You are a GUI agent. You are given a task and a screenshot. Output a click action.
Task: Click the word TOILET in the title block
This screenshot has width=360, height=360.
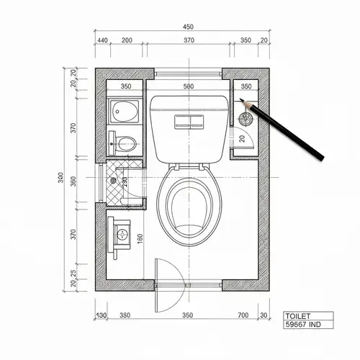coord(298,316)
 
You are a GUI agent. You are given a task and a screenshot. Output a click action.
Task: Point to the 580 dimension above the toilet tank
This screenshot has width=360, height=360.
coord(189,86)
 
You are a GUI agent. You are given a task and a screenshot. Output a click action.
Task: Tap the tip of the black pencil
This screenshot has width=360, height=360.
coord(241,102)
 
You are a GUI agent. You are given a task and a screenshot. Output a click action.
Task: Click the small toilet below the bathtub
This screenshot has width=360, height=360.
coord(124,141)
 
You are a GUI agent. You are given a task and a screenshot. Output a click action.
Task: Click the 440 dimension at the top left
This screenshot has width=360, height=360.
coord(102,41)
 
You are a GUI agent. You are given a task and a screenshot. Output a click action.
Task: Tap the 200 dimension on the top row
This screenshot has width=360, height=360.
coord(127,41)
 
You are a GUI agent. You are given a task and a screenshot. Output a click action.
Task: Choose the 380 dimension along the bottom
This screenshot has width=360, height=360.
coord(125,315)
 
